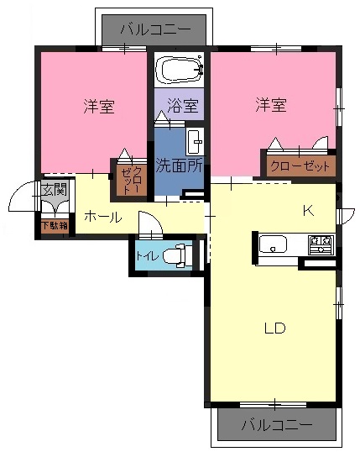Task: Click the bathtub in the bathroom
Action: click(179, 70)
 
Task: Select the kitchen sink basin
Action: click(273, 244)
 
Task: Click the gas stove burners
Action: click(321, 244)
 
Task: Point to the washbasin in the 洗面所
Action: click(195, 142)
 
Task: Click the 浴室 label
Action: click(183, 105)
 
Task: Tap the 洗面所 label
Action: click(179, 165)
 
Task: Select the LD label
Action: click(274, 328)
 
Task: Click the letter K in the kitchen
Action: click(308, 210)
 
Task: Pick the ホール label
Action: click(103, 217)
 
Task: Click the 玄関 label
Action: click(55, 190)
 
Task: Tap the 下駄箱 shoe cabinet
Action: click(55, 226)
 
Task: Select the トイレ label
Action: click(147, 256)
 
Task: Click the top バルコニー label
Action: click(156, 29)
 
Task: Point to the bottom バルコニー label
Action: click(277, 425)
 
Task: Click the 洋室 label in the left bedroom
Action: click(99, 106)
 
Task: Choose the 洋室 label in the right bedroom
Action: click(271, 105)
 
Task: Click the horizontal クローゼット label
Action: click(300, 166)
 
